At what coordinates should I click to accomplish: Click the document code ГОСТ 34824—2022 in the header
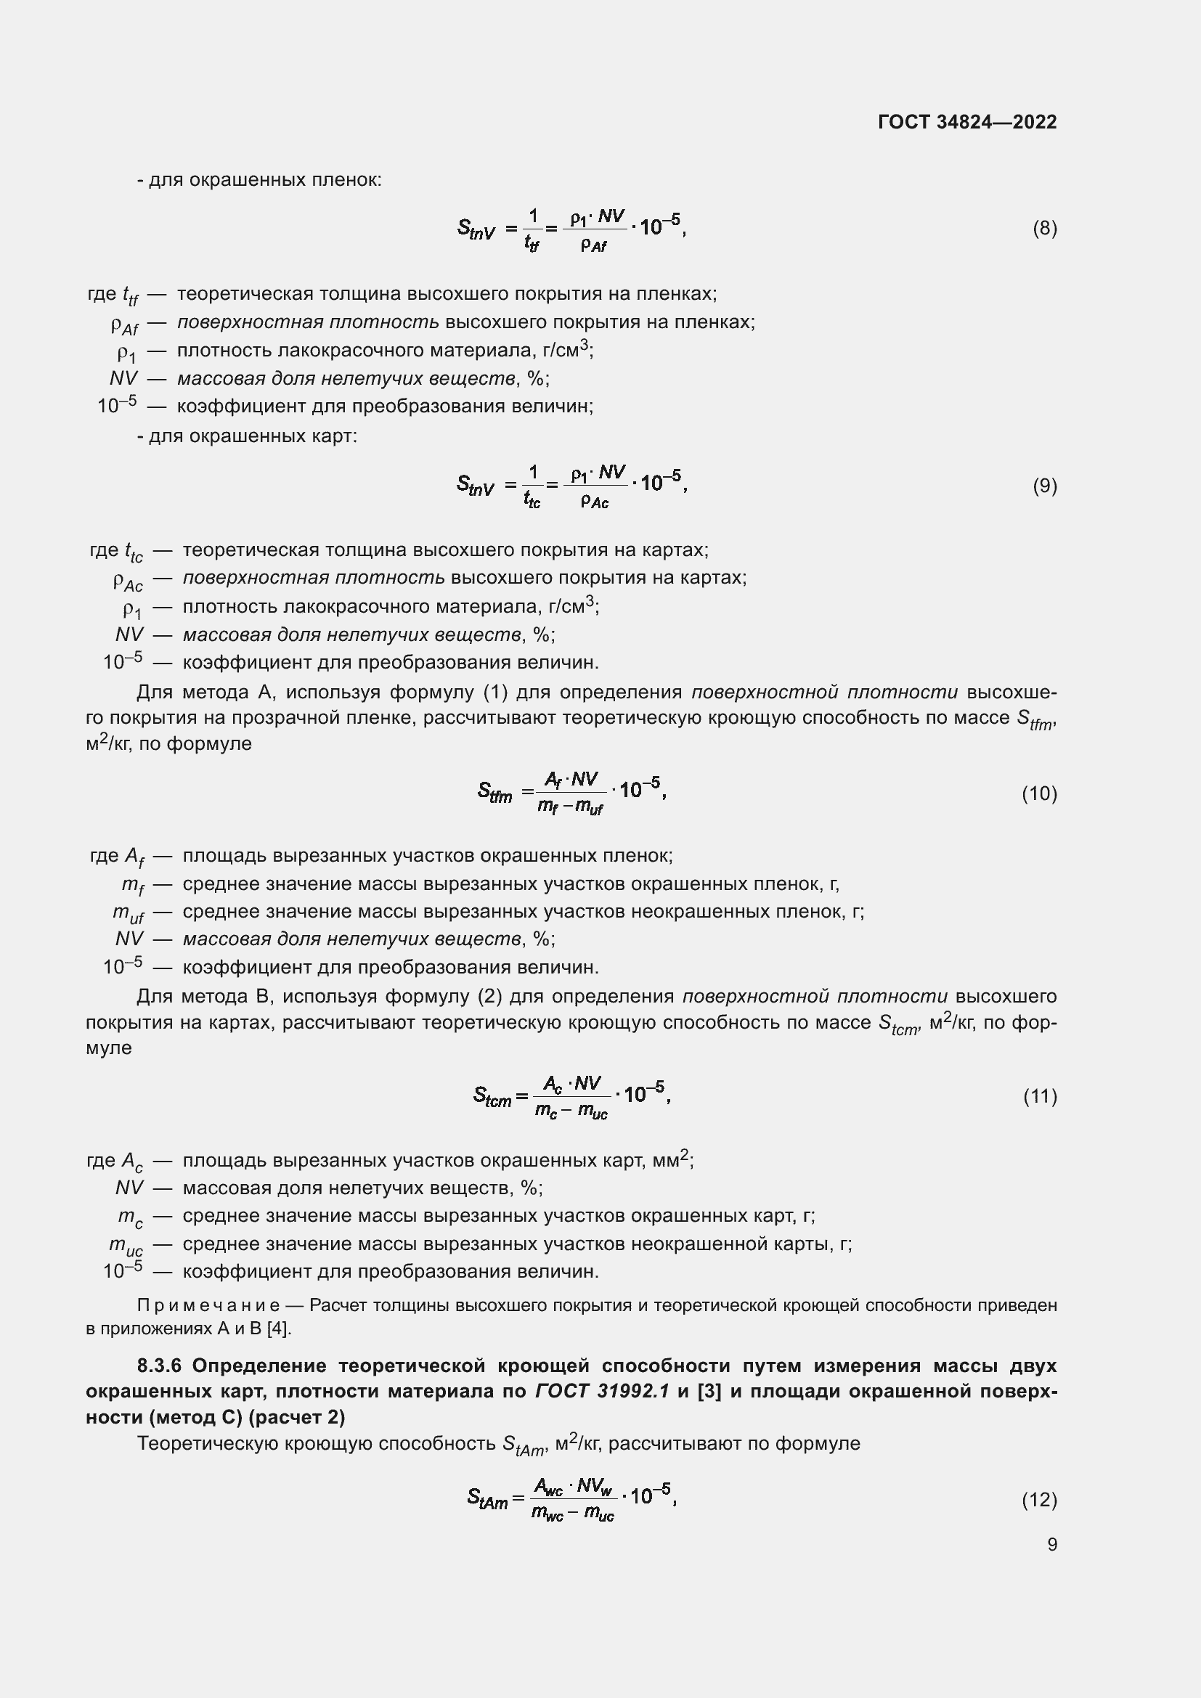pyautogui.click(x=967, y=122)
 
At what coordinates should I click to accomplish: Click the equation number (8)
pyautogui.click(x=1044, y=228)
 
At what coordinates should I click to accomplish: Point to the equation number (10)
pyautogui.click(x=1039, y=793)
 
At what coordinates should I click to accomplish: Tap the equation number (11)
pyautogui.click(x=1040, y=1096)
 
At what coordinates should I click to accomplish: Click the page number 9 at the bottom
pyautogui.click(x=1051, y=1544)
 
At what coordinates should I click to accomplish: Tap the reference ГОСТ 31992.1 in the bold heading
pyautogui.click(x=602, y=1391)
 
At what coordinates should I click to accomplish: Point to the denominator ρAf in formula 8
pyautogui.click(x=593, y=245)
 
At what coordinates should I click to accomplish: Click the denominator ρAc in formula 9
pyautogui.click(x=594, y=502)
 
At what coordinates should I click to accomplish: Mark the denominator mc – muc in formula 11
pyautogui.click(x=571, y=1111)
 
